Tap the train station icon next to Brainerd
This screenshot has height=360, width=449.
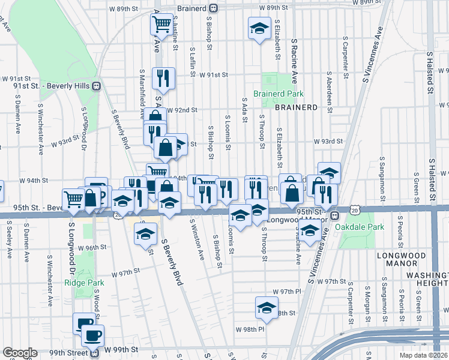[212, 8]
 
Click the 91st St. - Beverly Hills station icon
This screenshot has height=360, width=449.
[95, 86]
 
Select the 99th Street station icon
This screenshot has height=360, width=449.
[94, 353]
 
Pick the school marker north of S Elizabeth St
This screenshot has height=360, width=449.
[259, 28]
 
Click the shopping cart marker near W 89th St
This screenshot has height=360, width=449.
[161, 25]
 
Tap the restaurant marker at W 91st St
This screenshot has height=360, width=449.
[163, 77]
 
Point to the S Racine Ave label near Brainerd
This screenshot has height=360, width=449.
[294, 61]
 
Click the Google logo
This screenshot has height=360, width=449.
[20, 353]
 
